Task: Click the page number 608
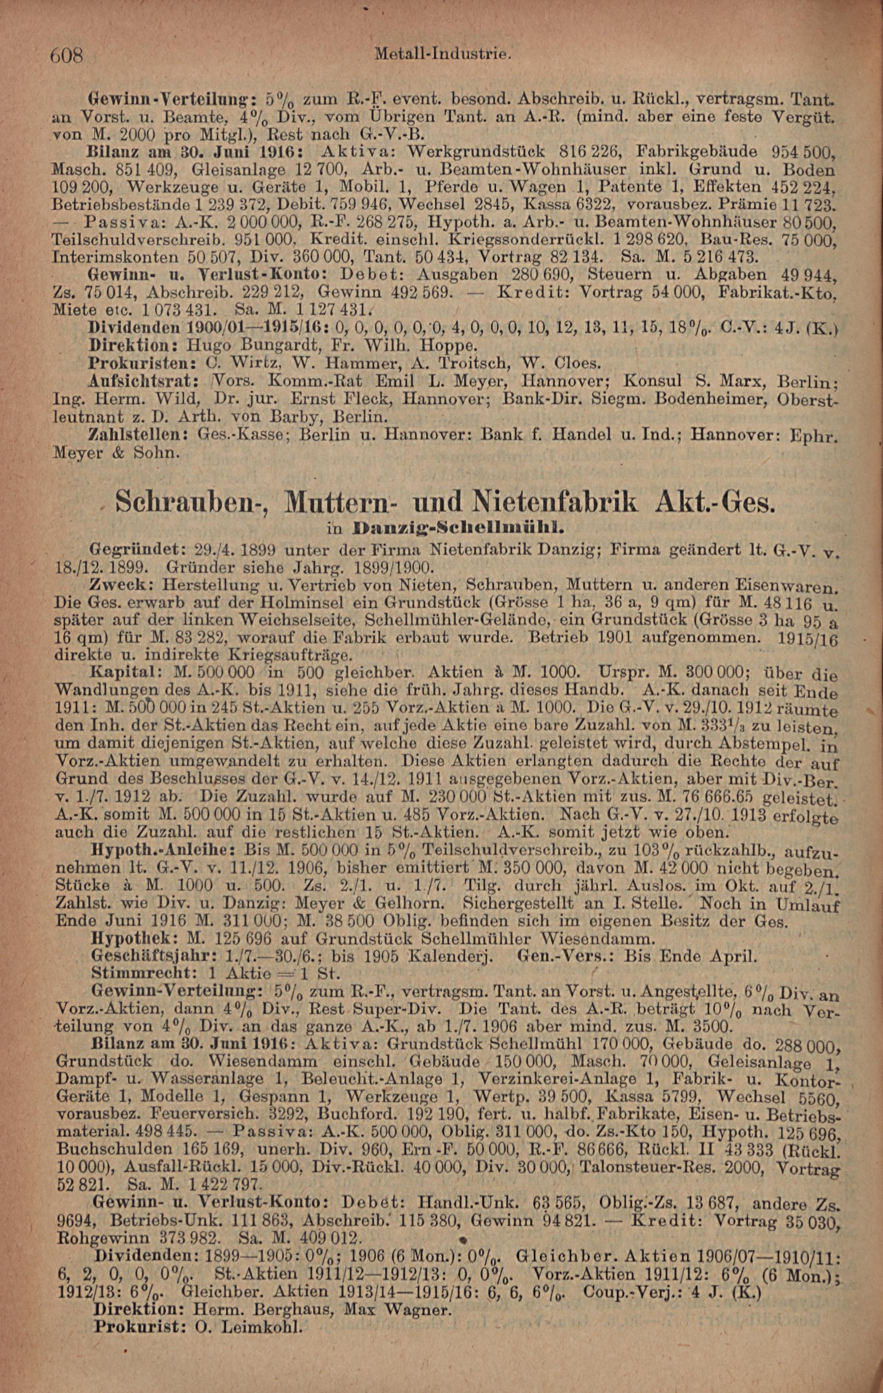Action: point(68,56)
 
